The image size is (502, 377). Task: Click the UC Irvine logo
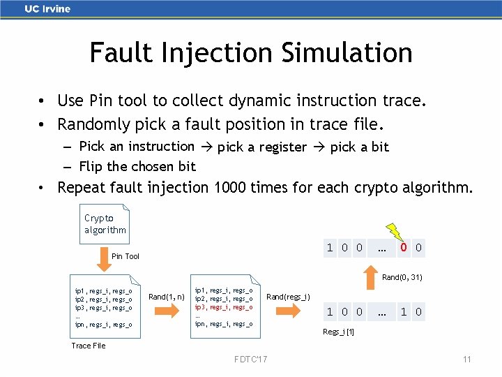(x=47, y=9)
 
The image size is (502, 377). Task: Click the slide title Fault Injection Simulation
(x=251, y=52)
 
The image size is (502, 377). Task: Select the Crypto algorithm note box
(x=105, y=223)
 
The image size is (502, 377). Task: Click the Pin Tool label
(x=125, y=256)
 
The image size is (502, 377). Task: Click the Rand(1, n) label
(x=166, y=297)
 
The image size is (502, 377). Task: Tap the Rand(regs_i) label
(x=288, y=297)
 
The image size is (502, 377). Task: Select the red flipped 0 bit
(x=403, y=248)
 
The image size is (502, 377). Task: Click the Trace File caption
(x=89, y=346)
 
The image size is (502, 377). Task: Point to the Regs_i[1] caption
(x=338, y=332)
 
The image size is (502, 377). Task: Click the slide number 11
(x=467, y=360)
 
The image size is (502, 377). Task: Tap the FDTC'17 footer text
(x=251, y=360)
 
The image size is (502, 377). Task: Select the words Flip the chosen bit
(x=137, y=166)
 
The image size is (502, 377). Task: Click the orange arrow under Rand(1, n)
(x=166, y=308)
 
